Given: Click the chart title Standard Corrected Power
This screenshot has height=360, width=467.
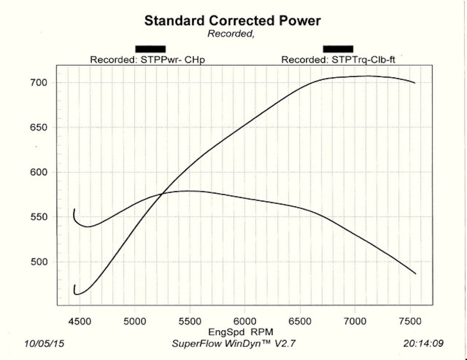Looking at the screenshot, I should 232,21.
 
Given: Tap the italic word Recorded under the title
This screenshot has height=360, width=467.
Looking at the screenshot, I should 230,34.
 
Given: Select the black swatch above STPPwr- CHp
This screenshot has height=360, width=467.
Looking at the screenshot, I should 151,49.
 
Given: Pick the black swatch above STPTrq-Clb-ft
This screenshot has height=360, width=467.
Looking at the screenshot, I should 338,49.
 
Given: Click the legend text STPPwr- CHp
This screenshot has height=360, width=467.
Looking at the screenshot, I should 148,60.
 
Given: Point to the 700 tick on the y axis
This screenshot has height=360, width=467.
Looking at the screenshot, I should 39,82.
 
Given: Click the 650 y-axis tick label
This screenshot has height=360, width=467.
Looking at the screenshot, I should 39,128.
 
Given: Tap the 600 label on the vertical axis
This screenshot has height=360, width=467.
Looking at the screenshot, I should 39,172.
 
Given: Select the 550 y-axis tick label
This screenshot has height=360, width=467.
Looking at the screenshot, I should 39,217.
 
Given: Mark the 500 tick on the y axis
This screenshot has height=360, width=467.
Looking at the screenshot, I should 39,262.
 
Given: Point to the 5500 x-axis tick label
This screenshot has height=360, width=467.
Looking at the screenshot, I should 190,322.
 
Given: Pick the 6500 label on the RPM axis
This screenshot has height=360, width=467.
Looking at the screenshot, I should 300,322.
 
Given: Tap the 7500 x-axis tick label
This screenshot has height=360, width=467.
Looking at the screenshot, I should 410,322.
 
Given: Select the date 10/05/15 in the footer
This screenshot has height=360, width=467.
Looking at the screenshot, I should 44,344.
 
